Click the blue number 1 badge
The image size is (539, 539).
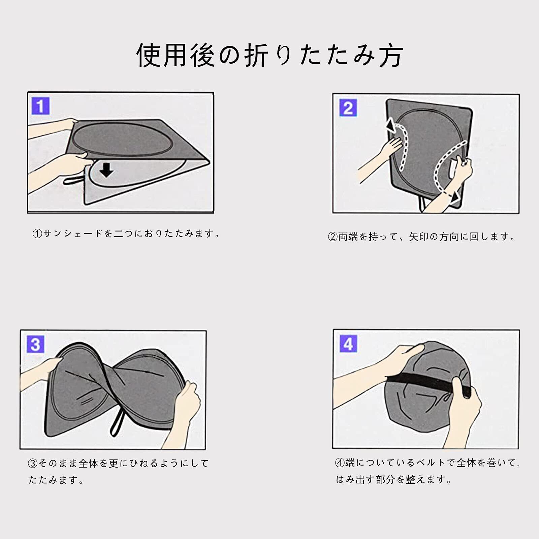tap(40, 106)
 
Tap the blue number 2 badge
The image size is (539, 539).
tap(348, 108)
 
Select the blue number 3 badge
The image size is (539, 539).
tap(35, 344)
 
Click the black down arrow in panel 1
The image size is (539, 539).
tap(106, 170)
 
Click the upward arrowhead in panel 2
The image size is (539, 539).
tap(391, 125)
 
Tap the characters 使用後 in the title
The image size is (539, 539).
tap(176, 55)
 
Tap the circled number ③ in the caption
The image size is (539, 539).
tap(33, 464)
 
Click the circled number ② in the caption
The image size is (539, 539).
tap(332, 237)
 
